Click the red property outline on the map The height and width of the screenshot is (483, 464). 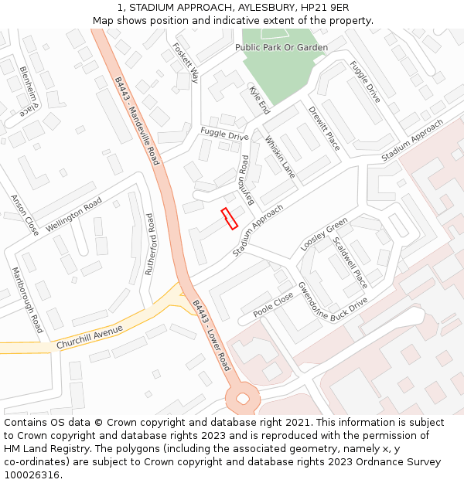click(x=229, y=219)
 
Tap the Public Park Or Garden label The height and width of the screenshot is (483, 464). click(x=281, y=48)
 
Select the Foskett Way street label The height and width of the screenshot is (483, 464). click(x=186, y=63)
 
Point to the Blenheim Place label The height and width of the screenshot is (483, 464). click(x=29, y=87)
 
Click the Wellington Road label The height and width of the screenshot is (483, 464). click(x=73, y=215)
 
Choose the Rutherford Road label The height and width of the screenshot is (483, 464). click(x=150, y=245)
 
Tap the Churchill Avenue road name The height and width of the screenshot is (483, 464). click(x=90, y=337)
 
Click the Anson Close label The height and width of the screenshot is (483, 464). click(x=25, y=215)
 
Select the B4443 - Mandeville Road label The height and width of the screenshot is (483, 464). click(x=137, y=121)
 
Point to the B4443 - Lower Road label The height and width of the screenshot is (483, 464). click(x=212, y=335)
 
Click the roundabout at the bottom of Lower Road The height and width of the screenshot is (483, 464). click(x=243, y=399)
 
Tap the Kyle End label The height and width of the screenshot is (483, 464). click(x=259, y=100)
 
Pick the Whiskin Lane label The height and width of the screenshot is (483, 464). click(x=280, y=158)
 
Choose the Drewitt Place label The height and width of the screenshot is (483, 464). click(x=324, y=129)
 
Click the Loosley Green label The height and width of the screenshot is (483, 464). click(x=324, y=235)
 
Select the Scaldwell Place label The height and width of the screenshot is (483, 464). click(x=350, y=262)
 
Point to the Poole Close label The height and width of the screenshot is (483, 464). click(x=274, y=304)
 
